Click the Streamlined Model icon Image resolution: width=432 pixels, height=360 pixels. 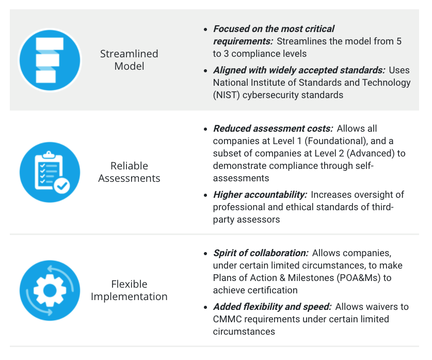pyautogui.click(x=50, y=59)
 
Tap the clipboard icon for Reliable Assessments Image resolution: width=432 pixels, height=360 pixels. pyautogui.click(x=50, y=172)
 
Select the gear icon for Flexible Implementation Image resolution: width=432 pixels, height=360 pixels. pyautogui.click(x=50, y=290)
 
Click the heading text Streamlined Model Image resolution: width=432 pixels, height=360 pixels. pyautogui.click(x=129, y=60)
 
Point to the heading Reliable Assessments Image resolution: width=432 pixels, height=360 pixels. pyautogui.click(x=129, y=172)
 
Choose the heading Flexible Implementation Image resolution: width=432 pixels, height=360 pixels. pyautogui.click(x=129, y=290)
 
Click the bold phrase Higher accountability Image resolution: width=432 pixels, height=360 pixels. pyautogui.click(x=260, y=195)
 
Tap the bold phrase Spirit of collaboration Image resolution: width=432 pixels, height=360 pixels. pyautogui.click(x=261, y=253)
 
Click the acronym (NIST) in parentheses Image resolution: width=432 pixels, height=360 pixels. pyautogui.click(x=228, y=95)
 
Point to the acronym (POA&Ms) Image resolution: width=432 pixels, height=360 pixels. pyautogui.click(x=360, y=278)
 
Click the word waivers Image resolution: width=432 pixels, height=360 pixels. pyautogui.click(x=376, y=307)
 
